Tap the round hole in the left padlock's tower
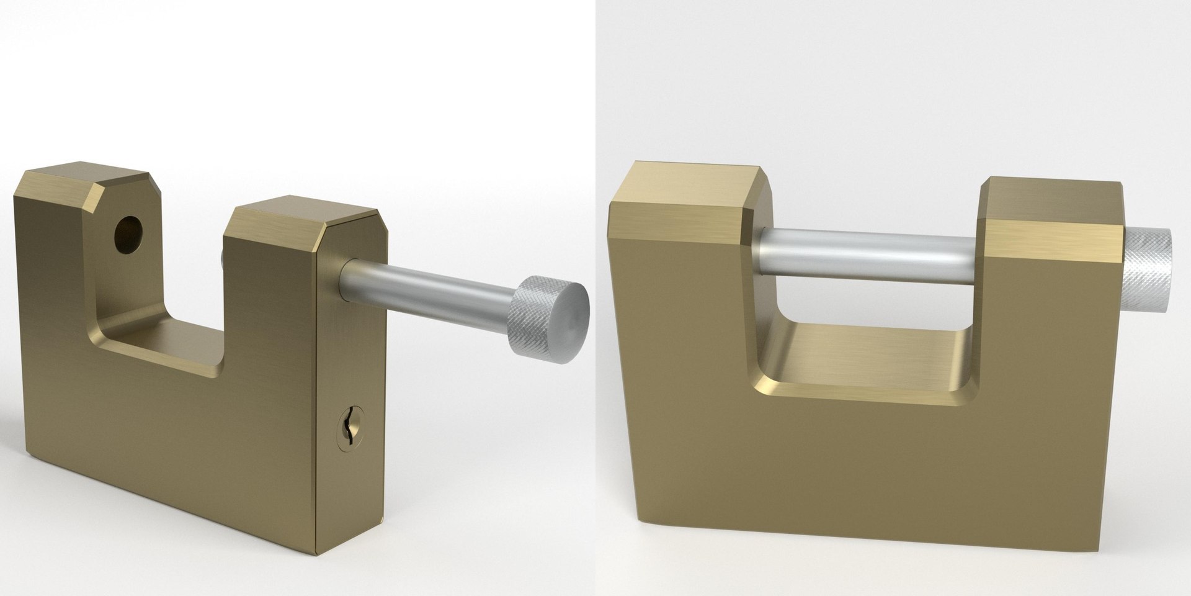[128, 234]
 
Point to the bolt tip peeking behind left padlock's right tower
[222, 258]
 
